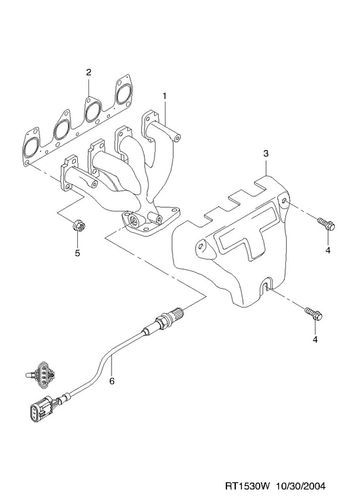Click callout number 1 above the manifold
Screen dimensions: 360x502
click(164, 96)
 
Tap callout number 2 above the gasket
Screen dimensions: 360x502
click(88, 72)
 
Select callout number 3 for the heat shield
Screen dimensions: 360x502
click(267, 154)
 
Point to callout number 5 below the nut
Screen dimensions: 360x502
click(77, 253)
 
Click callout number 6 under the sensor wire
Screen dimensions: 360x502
click(112, 381)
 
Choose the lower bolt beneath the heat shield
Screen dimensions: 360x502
click(314, 313)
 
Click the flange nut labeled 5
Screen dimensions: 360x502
click(78, 226)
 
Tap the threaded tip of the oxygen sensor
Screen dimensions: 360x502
click(179, 311)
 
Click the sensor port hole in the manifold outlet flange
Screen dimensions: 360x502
click(133, 220)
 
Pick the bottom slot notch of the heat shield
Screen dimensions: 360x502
click(265, 285)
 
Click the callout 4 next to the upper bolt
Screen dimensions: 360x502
click(327, 250)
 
